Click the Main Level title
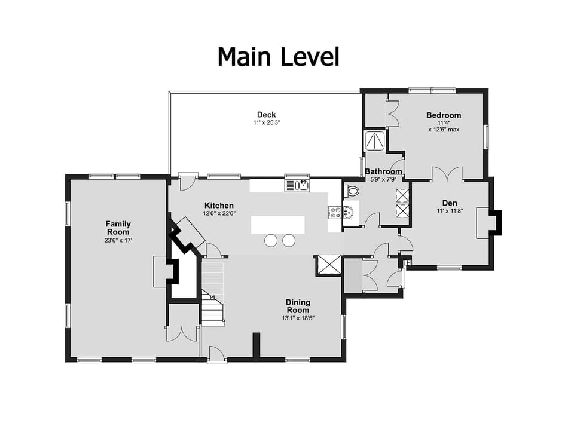(278, 57)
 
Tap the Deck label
(266, 115)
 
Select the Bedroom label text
(443, 115)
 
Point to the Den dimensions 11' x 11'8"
(449, 211)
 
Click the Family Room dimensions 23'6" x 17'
(118, 240)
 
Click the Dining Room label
(297, 306)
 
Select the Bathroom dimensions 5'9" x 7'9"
(383, 179)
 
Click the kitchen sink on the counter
(297, 185)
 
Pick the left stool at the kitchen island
(271, 240)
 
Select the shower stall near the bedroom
(375, 141)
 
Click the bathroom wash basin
(349, 212)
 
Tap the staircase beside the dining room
(212, 293)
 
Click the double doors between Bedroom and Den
(447, 174)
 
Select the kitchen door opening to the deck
(188, 181)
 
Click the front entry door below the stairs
(216, 355)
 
